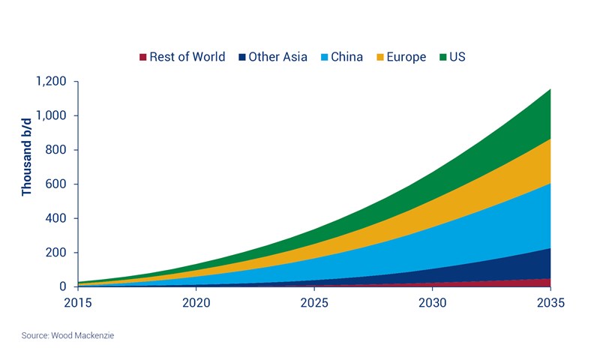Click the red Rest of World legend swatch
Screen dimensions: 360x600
coord(142,57)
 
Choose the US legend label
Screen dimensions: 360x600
coord(458,57)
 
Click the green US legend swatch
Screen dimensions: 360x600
coord(442,57)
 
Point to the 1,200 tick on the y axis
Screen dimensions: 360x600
coord(50,81)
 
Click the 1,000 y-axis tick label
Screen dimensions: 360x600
coord(50,115)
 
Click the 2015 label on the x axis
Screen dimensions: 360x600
coord(78,303)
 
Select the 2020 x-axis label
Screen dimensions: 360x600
coord(196,303)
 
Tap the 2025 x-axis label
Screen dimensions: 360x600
coord(314,303)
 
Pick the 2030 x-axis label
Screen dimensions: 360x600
coord(433,303)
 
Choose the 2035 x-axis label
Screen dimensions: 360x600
coord(550,303)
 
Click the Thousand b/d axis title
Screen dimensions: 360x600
coord(27,160)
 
